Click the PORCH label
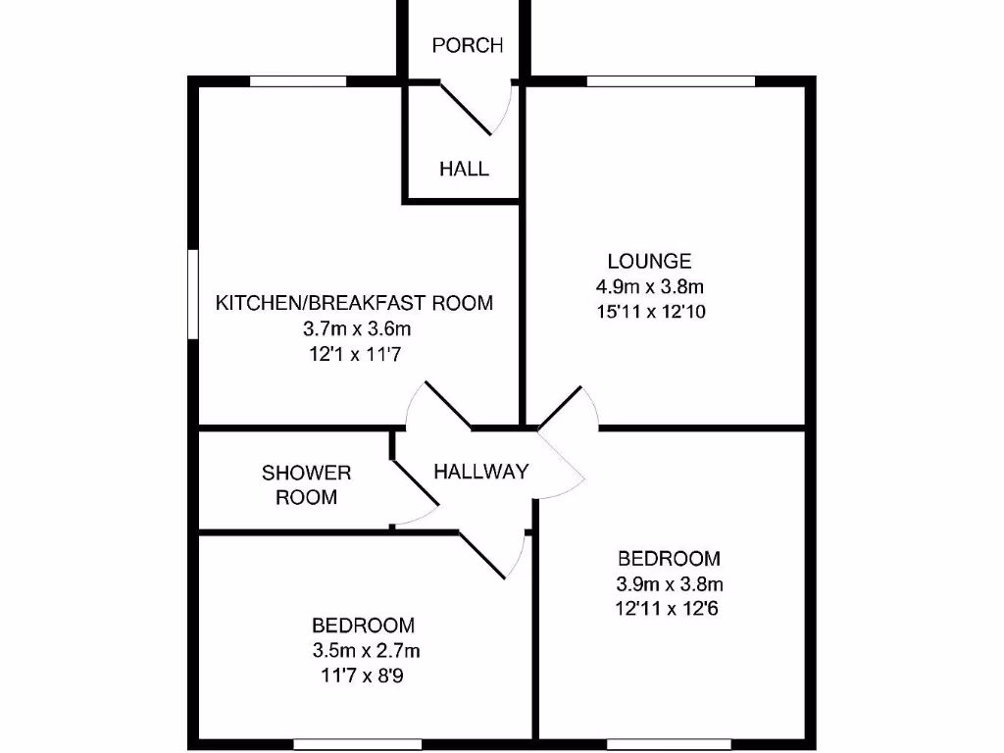pyautogui.click(x=468, y=45)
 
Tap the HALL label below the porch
pyautogui.click(x=464, y=169)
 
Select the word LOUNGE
pyautogui.click(x=649, y=261)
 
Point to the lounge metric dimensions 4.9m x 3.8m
pyautogui.click(x=649, y=287)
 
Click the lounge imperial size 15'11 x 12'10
pyautogui.click(x=649, y=313)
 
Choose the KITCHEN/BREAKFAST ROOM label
pyautogui.click(x=354, y=302)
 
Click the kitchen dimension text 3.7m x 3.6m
pyautogui.click(x=354, y=328)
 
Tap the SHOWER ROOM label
pyautogui.click(x=306, y=484)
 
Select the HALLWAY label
pyautogui.click(x=480, y=472)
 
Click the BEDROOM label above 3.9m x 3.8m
pyautogui.click(x=669, y=559)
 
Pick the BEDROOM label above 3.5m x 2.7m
pyautogui.click(x=363, y=625)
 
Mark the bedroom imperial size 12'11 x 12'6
pyautogui.click(x=669, y=609)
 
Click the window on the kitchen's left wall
pyautogui.click(x=193, y=294)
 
